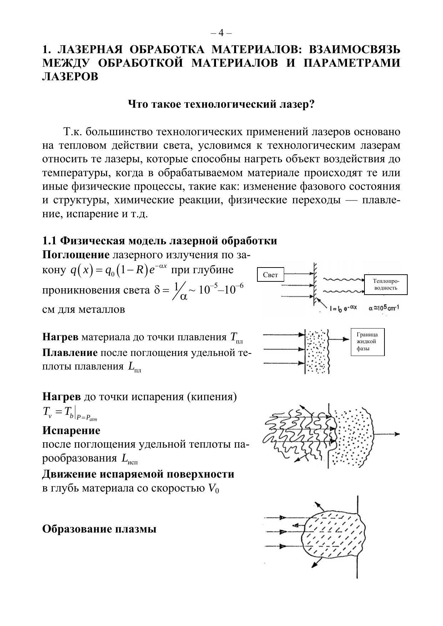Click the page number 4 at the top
pyautogui.click(x=221, y=33)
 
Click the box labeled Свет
pyautogui.click(x=270, y=275)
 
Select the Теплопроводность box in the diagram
pyautogui.click(x=386, y=285)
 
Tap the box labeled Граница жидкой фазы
pyautogui.click(x=367, y=341)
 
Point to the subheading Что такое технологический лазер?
pyautogui.click(x=221, y=105)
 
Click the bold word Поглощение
pyautogui.click(x=76, y=255)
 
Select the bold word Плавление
pyautogui.click(x=70, y=353)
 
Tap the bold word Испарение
pyautogui.click(x=71, y=431)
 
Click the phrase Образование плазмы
pyautogui.click(x=99, y=529)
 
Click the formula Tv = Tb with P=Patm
pyautogui.click(x=70, y=413)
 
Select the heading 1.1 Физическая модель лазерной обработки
pyautogui.click(x=160, y=241)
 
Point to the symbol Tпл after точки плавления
pyautogui.click(x=236, y=338)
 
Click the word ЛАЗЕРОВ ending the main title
pyautogui.click(x=70, y=76)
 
